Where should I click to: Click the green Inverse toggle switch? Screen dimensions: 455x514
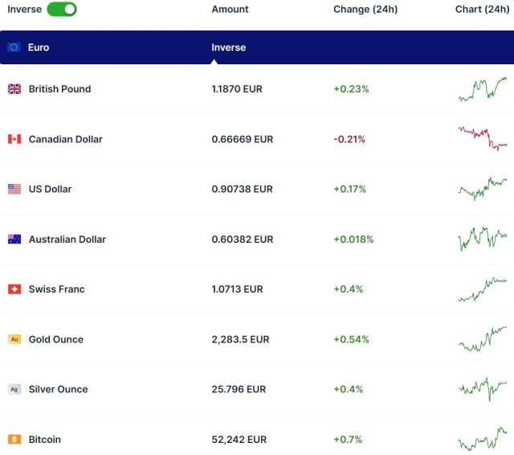click(x=62, y=10)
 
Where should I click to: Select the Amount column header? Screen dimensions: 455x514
click(x=230, y=10)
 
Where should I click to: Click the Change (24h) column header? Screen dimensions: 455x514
click(x=365, y=10)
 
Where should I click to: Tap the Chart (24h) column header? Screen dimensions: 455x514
click(x=482, y=10)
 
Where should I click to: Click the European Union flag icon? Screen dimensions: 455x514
click(x=14, y=47)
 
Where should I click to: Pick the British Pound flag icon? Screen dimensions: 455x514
click(x=14, y=89)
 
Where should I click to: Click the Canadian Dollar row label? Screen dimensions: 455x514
click(x=65, y=139)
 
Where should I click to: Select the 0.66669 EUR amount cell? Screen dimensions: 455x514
click(x=242, y=139)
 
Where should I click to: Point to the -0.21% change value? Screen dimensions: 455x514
click(x=349, y=139)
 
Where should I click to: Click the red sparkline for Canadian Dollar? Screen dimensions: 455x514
click(x=483, y=138)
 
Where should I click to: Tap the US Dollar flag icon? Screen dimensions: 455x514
click(x=14, y=189)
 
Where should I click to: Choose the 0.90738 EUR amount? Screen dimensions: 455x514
click(x=242, y=189)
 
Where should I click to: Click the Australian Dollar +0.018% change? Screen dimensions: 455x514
click(x=353, y=239)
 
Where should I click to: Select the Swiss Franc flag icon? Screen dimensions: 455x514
click(x=14, y=289)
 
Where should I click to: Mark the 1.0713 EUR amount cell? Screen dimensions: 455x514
click(x=237, y=289)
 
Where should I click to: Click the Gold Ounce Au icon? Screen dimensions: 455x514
click(x=14, y=339)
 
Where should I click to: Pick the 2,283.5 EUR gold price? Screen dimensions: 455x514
click(x=240, y=339)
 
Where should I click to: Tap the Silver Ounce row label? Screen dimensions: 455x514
click(x=58, y=389)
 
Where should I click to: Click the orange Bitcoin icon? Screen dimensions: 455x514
click(x=14, y=439)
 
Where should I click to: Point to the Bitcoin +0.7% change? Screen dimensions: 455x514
click(x=348, y=439)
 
